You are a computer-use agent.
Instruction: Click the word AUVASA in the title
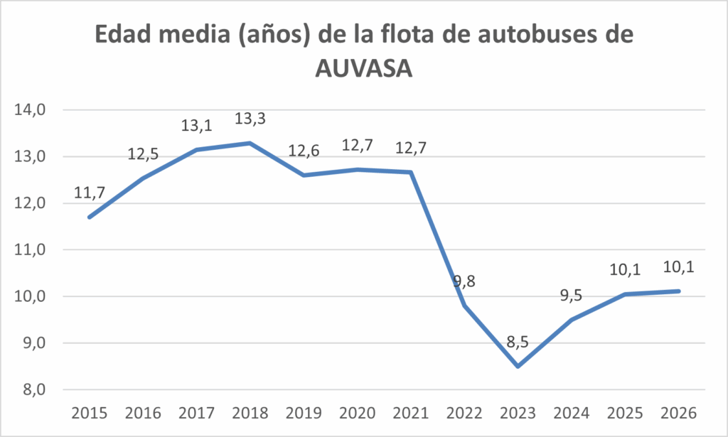[364, 69]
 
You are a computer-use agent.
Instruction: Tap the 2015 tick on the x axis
[89, 413]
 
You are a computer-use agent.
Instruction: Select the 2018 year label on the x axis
[250, 413]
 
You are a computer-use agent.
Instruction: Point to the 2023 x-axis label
[518, 413]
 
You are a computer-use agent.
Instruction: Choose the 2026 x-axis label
[680, 413]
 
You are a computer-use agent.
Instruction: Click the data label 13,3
[250, 119]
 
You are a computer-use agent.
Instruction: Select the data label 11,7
[89, 193]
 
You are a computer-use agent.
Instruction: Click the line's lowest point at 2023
[518, 366]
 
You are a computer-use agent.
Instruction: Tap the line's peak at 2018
[250, 143]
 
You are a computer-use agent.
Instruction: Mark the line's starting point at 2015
[89, 217]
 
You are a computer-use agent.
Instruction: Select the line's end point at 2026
[680, 291]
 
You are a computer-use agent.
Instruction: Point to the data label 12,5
[144, 154]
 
